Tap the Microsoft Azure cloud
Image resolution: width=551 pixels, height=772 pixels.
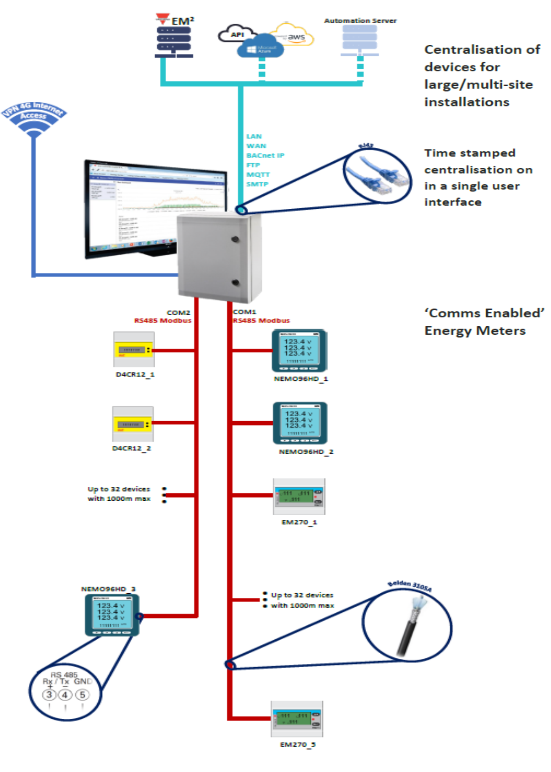click(x=260, y=48)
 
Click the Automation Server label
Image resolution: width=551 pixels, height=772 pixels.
click(x=360, y=20)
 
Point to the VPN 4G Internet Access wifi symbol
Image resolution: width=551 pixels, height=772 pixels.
click(x=33, y=119)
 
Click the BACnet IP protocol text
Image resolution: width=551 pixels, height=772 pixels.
click(x=265, y=155)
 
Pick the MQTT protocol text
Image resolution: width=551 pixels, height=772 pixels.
click(x=258, y=174)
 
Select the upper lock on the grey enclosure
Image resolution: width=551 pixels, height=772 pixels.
click(x=236, y=239)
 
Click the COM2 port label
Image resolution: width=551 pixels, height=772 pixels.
click(x=178, y=313)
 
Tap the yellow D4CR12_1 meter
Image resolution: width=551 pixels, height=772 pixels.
click(x=134, y=349)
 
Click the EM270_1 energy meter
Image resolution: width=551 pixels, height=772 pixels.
click(x=299, y=496)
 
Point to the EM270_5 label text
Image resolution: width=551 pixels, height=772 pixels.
click(x=298, y=744)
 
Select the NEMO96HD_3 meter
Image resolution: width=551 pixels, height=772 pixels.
click(x=112, y=615)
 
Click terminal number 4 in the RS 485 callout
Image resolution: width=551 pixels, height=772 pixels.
click(x=65, y=695)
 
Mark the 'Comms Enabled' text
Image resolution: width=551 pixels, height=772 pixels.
click(x=484, y=313)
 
